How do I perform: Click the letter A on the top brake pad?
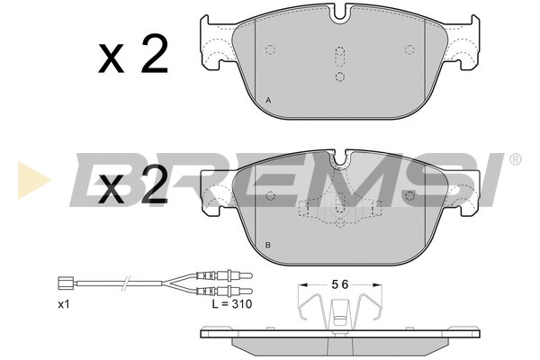click(268, 100)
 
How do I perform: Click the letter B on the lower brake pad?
click(268, 245)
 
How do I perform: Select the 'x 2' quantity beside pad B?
click(133, 188)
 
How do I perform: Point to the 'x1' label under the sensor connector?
click(64, 305)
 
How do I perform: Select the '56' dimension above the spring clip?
click(337, 284)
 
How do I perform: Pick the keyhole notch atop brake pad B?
click(339, 162)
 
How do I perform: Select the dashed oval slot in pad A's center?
click(339, 58)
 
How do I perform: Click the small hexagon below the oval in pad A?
click(339, 77)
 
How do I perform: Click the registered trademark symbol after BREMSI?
click(514, 160)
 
